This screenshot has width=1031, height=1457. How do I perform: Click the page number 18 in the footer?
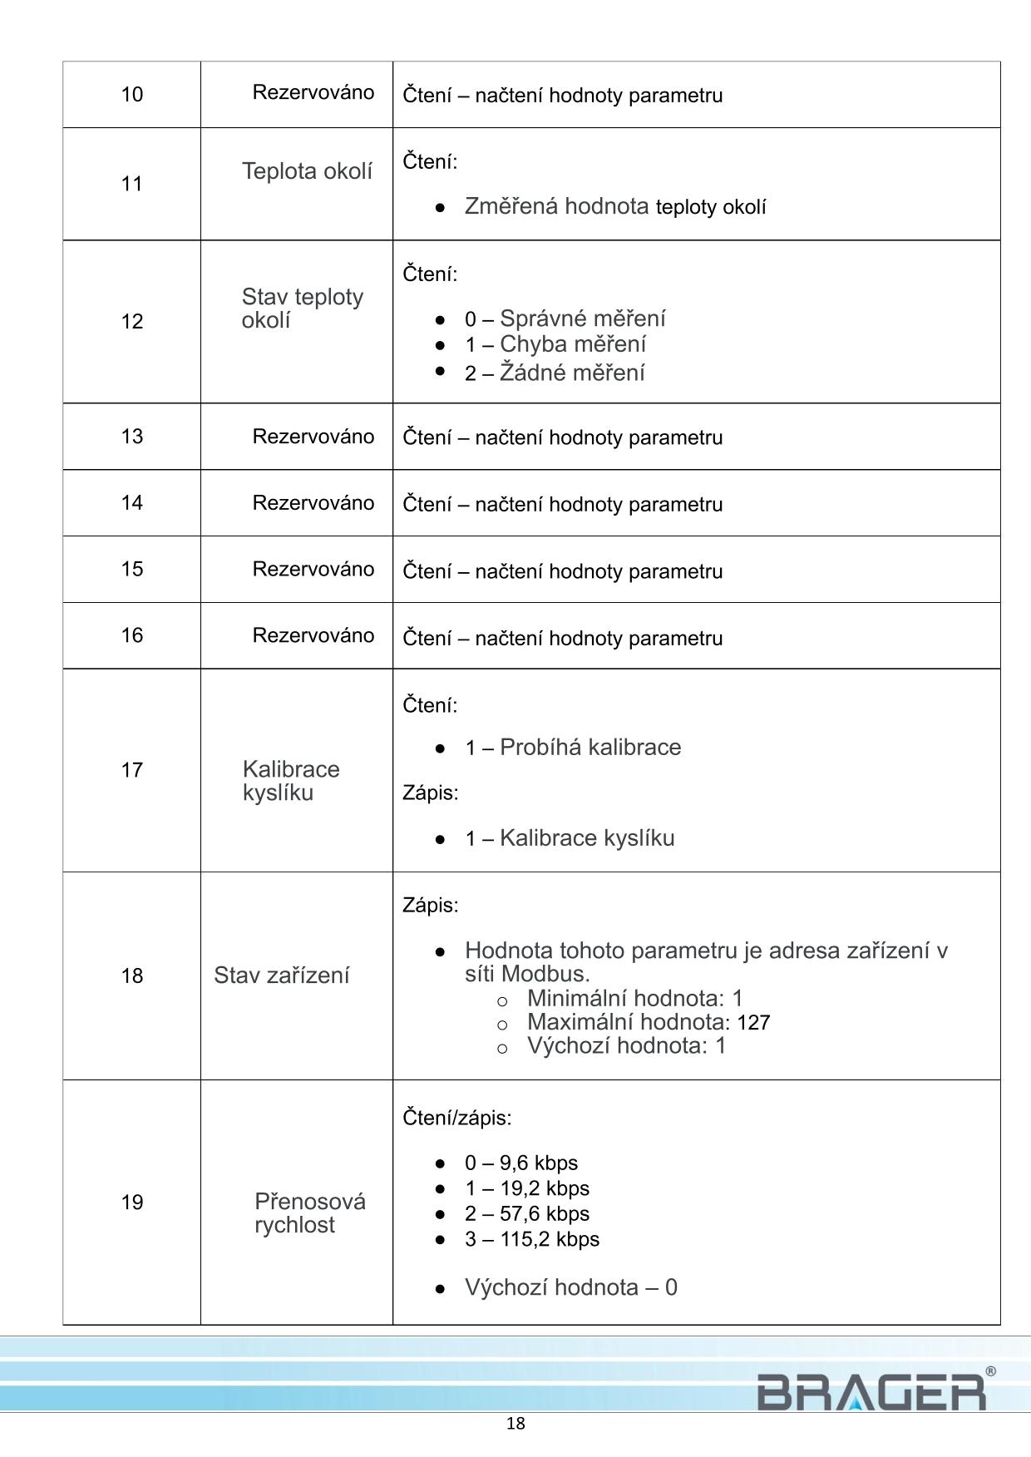click(x=515, y=1424)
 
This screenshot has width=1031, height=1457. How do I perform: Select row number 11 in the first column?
click(x=132, y=184)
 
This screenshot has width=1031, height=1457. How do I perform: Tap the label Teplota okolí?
click(x=307, y=171)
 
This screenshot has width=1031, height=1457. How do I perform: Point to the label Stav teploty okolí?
click(x=302, y=309)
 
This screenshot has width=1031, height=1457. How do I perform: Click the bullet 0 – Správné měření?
click(x=565, y=319)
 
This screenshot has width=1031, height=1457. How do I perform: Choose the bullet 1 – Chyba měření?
click(x=555, y=344)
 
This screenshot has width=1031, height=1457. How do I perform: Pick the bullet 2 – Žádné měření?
click(x=555, y=373)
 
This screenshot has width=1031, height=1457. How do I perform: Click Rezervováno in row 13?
click(x=313, y=437)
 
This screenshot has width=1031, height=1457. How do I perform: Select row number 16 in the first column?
click(x=132, y=635)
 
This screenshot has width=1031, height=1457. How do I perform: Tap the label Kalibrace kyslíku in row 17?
click(x=291, y=781)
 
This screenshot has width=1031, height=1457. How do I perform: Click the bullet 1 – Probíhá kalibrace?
click(x=573, y=748)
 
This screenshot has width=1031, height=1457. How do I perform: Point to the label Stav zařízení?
click(x=281, y=975)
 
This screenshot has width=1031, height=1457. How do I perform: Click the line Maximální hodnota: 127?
click(x=649, y=1022)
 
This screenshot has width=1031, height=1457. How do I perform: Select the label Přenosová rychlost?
click(x=309, y=1213)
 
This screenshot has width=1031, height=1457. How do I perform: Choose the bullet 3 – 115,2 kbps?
click(x=531, y=1239)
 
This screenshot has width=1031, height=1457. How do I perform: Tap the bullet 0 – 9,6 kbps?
click(x=520, y=1163)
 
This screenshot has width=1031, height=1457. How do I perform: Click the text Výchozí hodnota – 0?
click(x=570, y=1287)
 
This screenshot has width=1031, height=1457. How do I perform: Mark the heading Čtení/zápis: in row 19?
click(x=457, y=1118)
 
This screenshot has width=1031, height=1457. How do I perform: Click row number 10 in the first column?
click(x=132, y=94)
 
